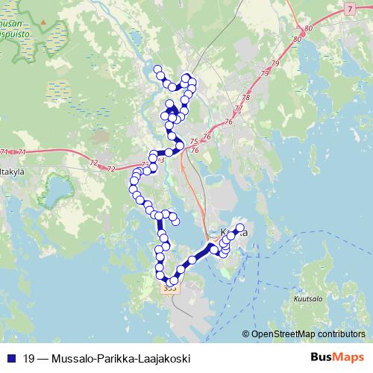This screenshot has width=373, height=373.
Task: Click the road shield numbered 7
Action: click(x=350, y=8)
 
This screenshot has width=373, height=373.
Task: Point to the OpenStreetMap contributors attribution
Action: click(x=307, y=335)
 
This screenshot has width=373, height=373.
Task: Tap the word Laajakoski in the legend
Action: click(x=164, y=359)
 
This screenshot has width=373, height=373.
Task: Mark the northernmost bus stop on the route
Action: click(x=157, y=69)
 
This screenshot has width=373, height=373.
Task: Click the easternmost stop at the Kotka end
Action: click(x=240, y=227)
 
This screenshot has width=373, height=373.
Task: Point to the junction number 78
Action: click(x=245, y=98)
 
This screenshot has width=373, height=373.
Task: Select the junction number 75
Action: click(x=194, y=142)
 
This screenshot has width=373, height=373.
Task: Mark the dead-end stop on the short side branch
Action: click(x=176, y=220)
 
